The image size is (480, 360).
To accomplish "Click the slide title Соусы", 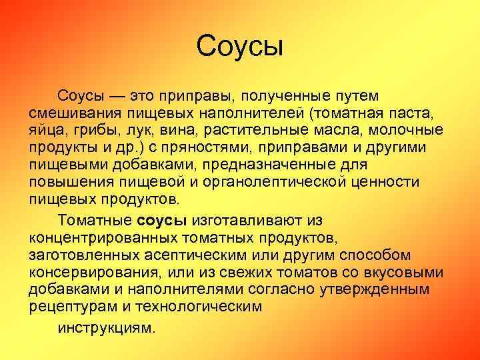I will pyautogui.click(x=241, y=47).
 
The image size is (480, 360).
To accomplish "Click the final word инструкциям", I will pyautogui.click(x=107, y=327).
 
